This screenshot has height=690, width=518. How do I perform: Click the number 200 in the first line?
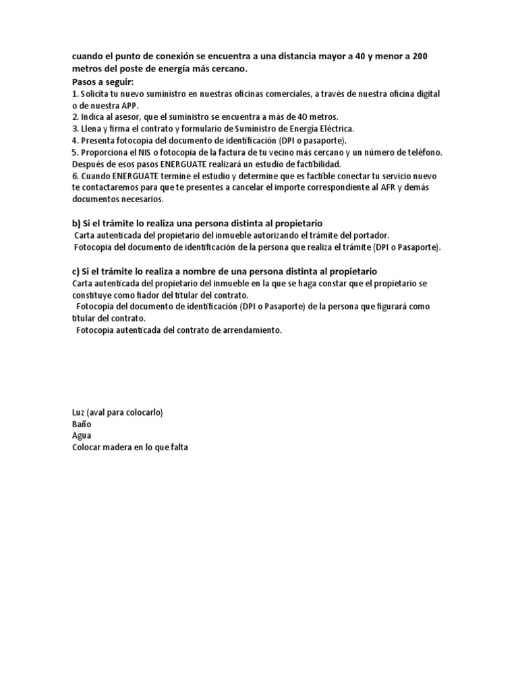click(x=418, y=57)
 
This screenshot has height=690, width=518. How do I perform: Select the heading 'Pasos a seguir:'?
click(x=103, y=82)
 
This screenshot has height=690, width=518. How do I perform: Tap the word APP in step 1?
click(x=130, y=106)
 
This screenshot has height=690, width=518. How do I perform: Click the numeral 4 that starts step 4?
click(x=74, y=140)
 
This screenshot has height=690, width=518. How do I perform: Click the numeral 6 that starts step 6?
click(x=74, y=176)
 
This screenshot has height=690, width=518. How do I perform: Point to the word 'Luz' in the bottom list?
click(x=79, y=412)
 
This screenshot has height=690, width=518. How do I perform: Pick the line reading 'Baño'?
click(x=82, y=424)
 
